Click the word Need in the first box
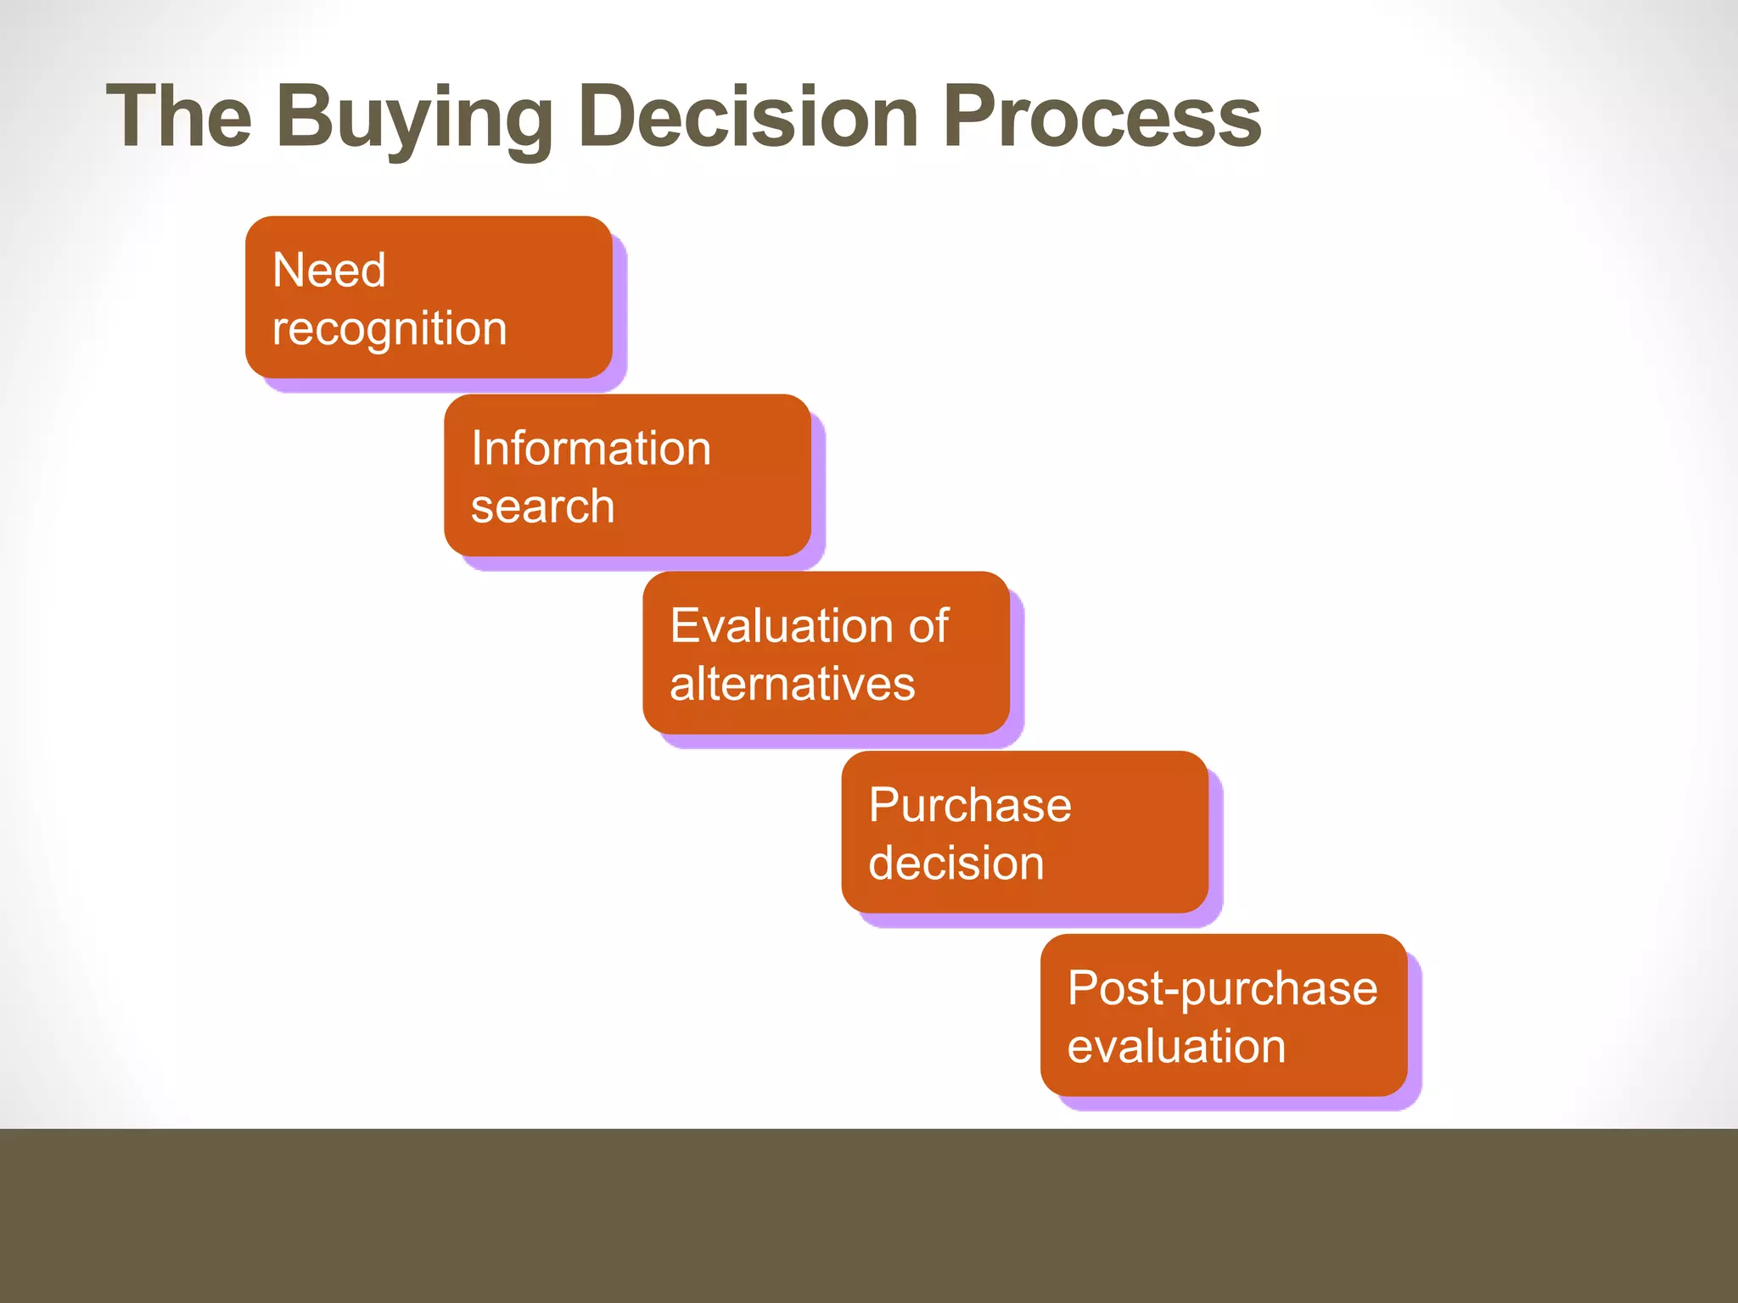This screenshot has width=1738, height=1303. [x=329, y=271]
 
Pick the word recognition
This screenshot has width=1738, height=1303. [x=390, y=329]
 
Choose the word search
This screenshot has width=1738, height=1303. [x=542, y=506]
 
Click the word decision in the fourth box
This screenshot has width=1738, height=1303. [x=956, y=864]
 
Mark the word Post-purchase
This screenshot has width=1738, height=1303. [x=1222, y=989]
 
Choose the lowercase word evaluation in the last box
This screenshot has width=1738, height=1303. [x=1176, y=1046]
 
